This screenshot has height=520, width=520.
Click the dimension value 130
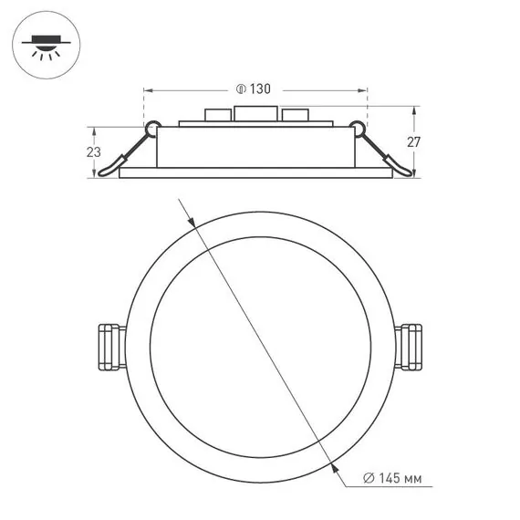tap(261, 89)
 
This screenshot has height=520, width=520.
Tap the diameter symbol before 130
tap(241, 89)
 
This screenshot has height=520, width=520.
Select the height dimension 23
tap(93, 152)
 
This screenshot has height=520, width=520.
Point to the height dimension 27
tap(412, 141)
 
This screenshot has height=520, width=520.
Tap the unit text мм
tap(414, 477)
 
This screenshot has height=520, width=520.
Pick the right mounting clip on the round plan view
tap(410, 346)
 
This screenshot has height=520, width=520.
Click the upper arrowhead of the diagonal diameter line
tap(192, 220)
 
